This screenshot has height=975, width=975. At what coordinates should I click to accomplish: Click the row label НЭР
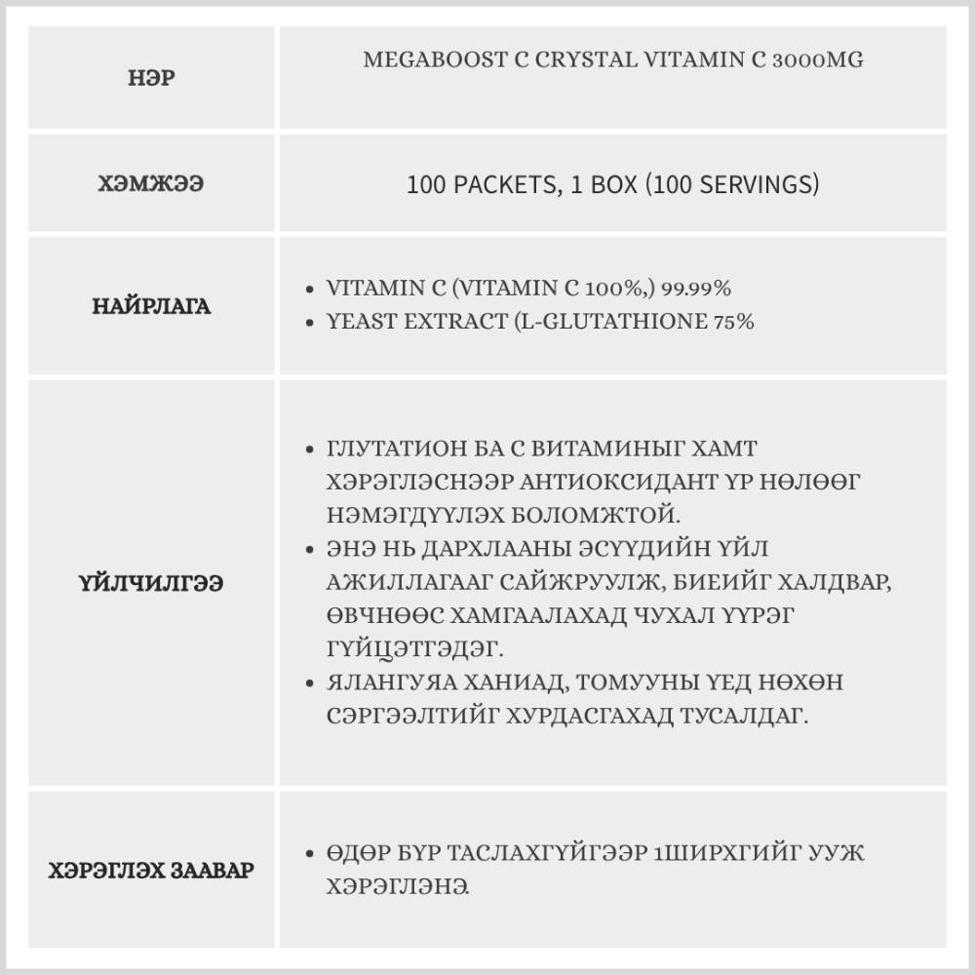point(152,78)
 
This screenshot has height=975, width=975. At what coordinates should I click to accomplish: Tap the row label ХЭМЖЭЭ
point(152,184)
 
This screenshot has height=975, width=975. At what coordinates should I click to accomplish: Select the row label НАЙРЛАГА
point(152,306)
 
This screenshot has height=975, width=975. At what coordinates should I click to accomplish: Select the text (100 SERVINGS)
point(732,184)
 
